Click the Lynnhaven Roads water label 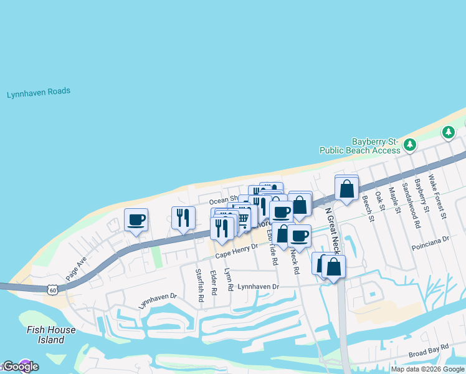point(39,93)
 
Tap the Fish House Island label point(51,335)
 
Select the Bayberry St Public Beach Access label point(360,146)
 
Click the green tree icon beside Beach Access point(409,145)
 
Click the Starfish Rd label point(199,285)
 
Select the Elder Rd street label point(214,282)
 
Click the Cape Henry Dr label point(237,251)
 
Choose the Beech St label point(369,208)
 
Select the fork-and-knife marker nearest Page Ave point(183,218)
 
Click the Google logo point(21,367)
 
